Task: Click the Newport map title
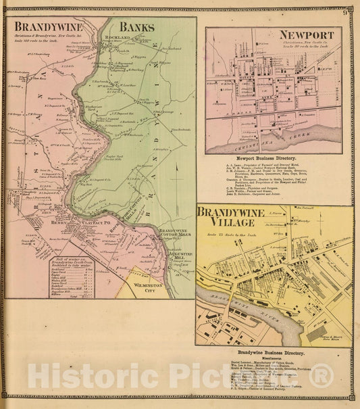coord(311,34)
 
